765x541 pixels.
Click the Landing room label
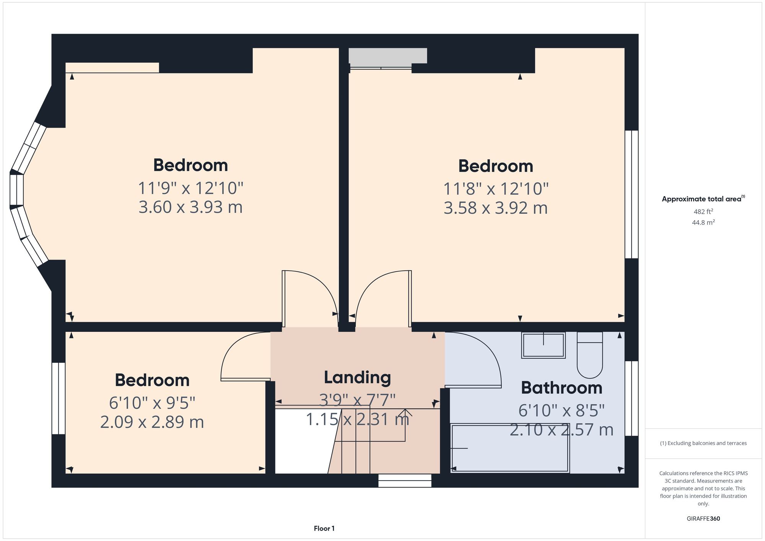[x=357, y=377]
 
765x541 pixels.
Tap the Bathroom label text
[x=562, y=388]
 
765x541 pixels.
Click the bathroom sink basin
[x=543, y=345]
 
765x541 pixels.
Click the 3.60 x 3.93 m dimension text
[x=190, y=207]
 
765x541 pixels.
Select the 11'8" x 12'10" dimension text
[x=496, y=188]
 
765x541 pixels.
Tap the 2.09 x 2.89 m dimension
[x=152, y=422]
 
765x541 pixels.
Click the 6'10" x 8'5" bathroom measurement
[x=562, y=411]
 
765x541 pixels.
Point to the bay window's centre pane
[x=17, y=190]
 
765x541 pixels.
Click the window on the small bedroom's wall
[x=59, y=398]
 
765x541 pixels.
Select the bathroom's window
[x=632, y=398]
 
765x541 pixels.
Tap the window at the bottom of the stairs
[x=405, y=481]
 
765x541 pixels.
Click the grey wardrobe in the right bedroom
[x=387, y=56]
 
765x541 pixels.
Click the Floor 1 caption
[x=324, y=528]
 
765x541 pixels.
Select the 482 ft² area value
[x=703, y=211]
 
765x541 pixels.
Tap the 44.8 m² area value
[x=703, y=222]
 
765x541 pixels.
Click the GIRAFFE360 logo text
[x=703, y=518]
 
